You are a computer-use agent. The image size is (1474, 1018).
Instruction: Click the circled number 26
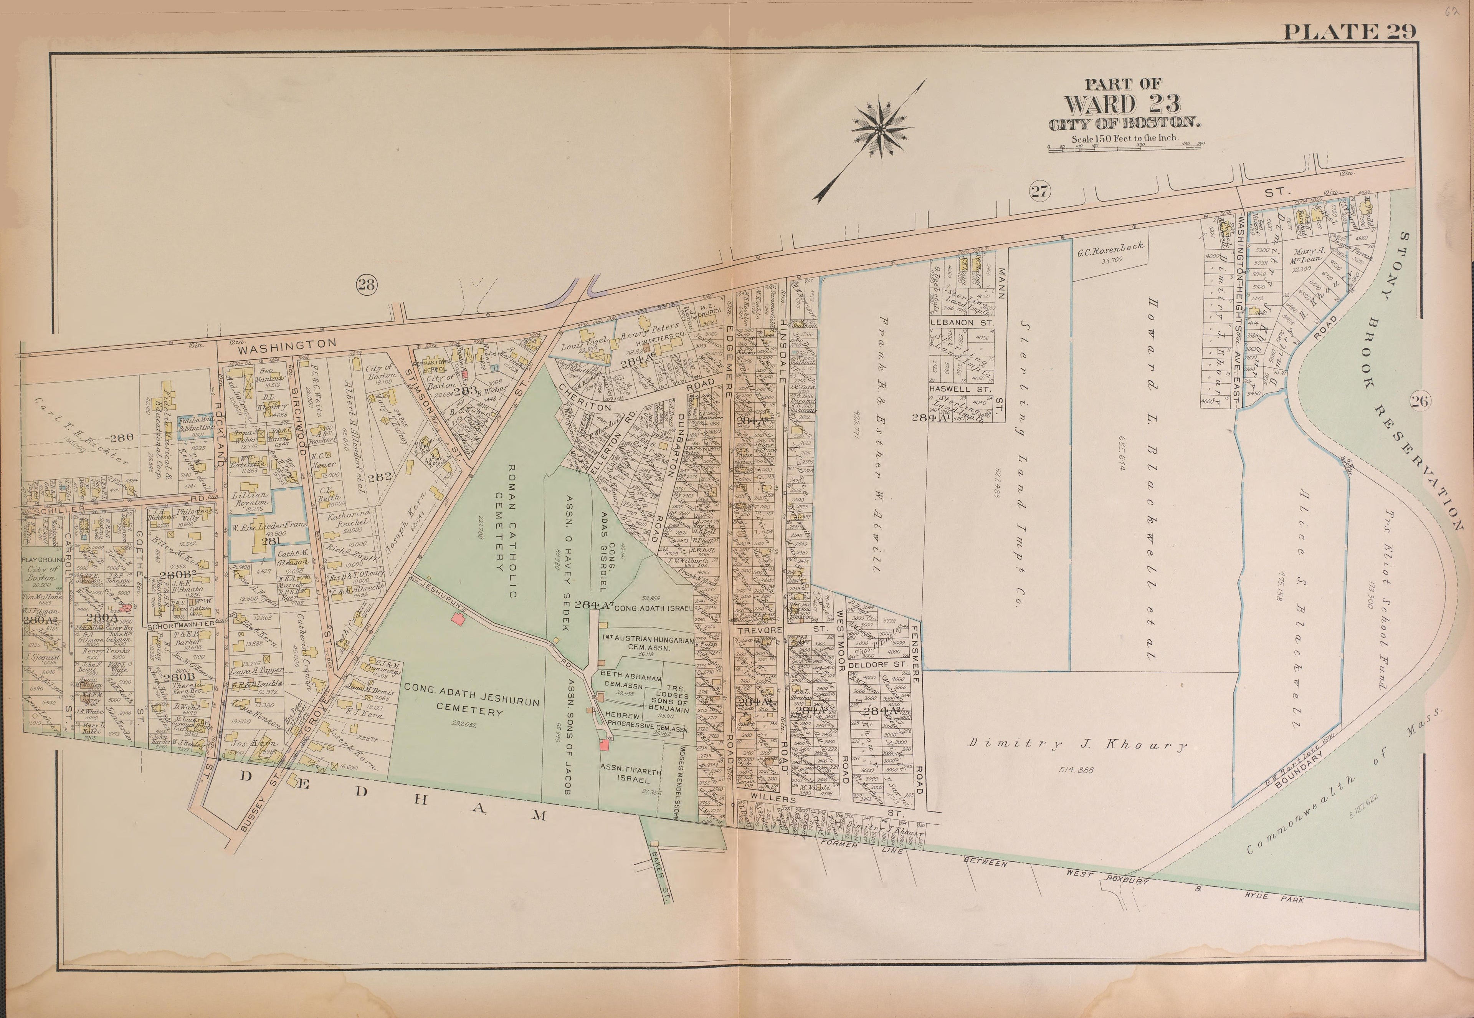click(1420, 401)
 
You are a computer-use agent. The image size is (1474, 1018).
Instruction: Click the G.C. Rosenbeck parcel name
click(1110, 251)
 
